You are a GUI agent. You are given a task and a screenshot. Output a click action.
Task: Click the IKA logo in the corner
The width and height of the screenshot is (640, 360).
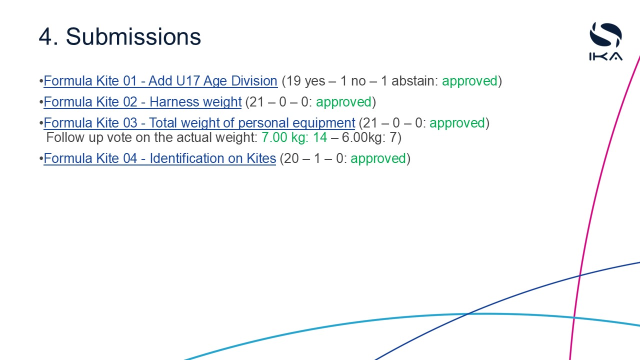(605, 41)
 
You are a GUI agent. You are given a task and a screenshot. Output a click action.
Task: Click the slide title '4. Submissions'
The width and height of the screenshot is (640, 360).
(120, 36)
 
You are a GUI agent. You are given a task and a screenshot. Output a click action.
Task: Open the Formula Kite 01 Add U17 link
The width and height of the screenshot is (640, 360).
(160, 81)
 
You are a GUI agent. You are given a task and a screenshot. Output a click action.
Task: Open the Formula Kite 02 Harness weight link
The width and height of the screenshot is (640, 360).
(142, 102)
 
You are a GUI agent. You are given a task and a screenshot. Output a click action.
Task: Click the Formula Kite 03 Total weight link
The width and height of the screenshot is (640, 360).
(199, 123)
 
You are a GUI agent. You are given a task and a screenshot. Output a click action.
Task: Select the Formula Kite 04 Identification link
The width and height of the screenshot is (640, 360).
(160, 158)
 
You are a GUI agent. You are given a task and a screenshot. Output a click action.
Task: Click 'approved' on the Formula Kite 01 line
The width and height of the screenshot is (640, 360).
(469, 81)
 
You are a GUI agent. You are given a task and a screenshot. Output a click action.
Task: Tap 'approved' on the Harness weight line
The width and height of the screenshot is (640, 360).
(343, 102)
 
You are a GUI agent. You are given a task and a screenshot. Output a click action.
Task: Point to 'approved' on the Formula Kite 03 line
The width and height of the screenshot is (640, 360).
(457, 123)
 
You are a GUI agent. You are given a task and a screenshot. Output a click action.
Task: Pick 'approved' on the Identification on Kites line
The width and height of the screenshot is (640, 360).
(378, 158)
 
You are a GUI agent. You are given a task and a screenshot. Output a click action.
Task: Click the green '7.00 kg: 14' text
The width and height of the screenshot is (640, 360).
(294, 137)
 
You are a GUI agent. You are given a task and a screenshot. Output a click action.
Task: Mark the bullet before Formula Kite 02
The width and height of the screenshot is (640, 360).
(41, 102)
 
